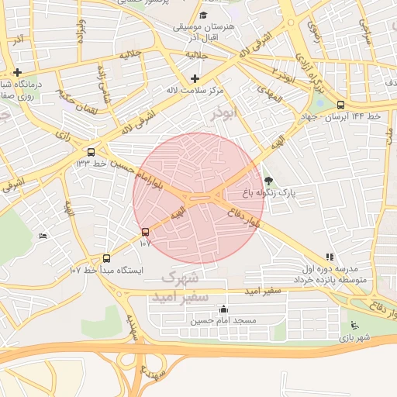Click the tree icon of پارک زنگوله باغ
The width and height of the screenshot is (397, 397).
pos(269,181)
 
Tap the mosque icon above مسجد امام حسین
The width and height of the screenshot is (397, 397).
pos(224,309)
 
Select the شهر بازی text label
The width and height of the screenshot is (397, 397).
pos(354,338)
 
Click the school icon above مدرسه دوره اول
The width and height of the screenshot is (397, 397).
pos(330,257)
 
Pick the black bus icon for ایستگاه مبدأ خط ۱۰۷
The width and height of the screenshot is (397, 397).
pos(106,258)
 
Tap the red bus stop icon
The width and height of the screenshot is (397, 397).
pos(145,232)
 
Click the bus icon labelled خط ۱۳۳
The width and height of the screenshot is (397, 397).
pos(92,152)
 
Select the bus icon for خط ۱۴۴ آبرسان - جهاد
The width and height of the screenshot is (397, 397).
pos(340,105)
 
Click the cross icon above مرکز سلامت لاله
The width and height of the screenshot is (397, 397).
pos(194,78)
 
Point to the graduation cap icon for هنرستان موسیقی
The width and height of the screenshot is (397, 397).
pos(203,16)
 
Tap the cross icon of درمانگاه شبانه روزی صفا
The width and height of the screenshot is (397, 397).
pos(17,72)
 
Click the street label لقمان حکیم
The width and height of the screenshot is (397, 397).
pos(75,102)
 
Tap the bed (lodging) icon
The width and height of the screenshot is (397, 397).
pos(43,236)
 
